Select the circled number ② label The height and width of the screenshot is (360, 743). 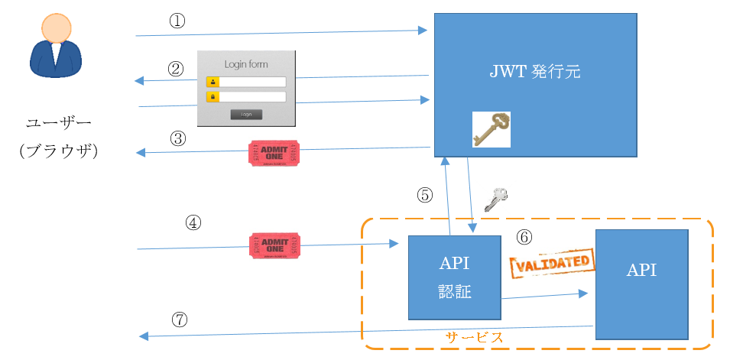click(x=177, y=69)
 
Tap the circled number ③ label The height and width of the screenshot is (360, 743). click(x=177, y=138)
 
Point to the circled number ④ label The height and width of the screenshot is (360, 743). click(x=194, y=222)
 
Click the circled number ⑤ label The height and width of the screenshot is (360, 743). click(x=425, y=195)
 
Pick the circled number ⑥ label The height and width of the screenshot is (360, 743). click(x=524, y=237)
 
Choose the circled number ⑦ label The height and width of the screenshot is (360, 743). click(x=179, y=319)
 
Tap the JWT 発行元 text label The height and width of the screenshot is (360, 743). click(x=535, y=73)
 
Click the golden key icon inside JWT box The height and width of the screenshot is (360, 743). click(x=491, y=129)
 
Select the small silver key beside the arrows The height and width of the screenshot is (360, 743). click(x=496, y=198)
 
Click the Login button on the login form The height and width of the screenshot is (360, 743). click(x=246, y=115)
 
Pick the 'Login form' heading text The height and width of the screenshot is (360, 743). click(x=246, y=64)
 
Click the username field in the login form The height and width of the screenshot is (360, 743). click(x=252, y=82)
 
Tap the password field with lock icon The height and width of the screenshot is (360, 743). click(x=252, y=97)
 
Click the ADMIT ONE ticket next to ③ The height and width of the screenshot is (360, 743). click(x=274, y=153)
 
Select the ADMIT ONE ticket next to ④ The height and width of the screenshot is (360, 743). click(x=275, y=245)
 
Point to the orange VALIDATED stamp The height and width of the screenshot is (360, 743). click(x=552, y=262)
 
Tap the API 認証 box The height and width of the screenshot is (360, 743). click(x=455, y=277)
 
